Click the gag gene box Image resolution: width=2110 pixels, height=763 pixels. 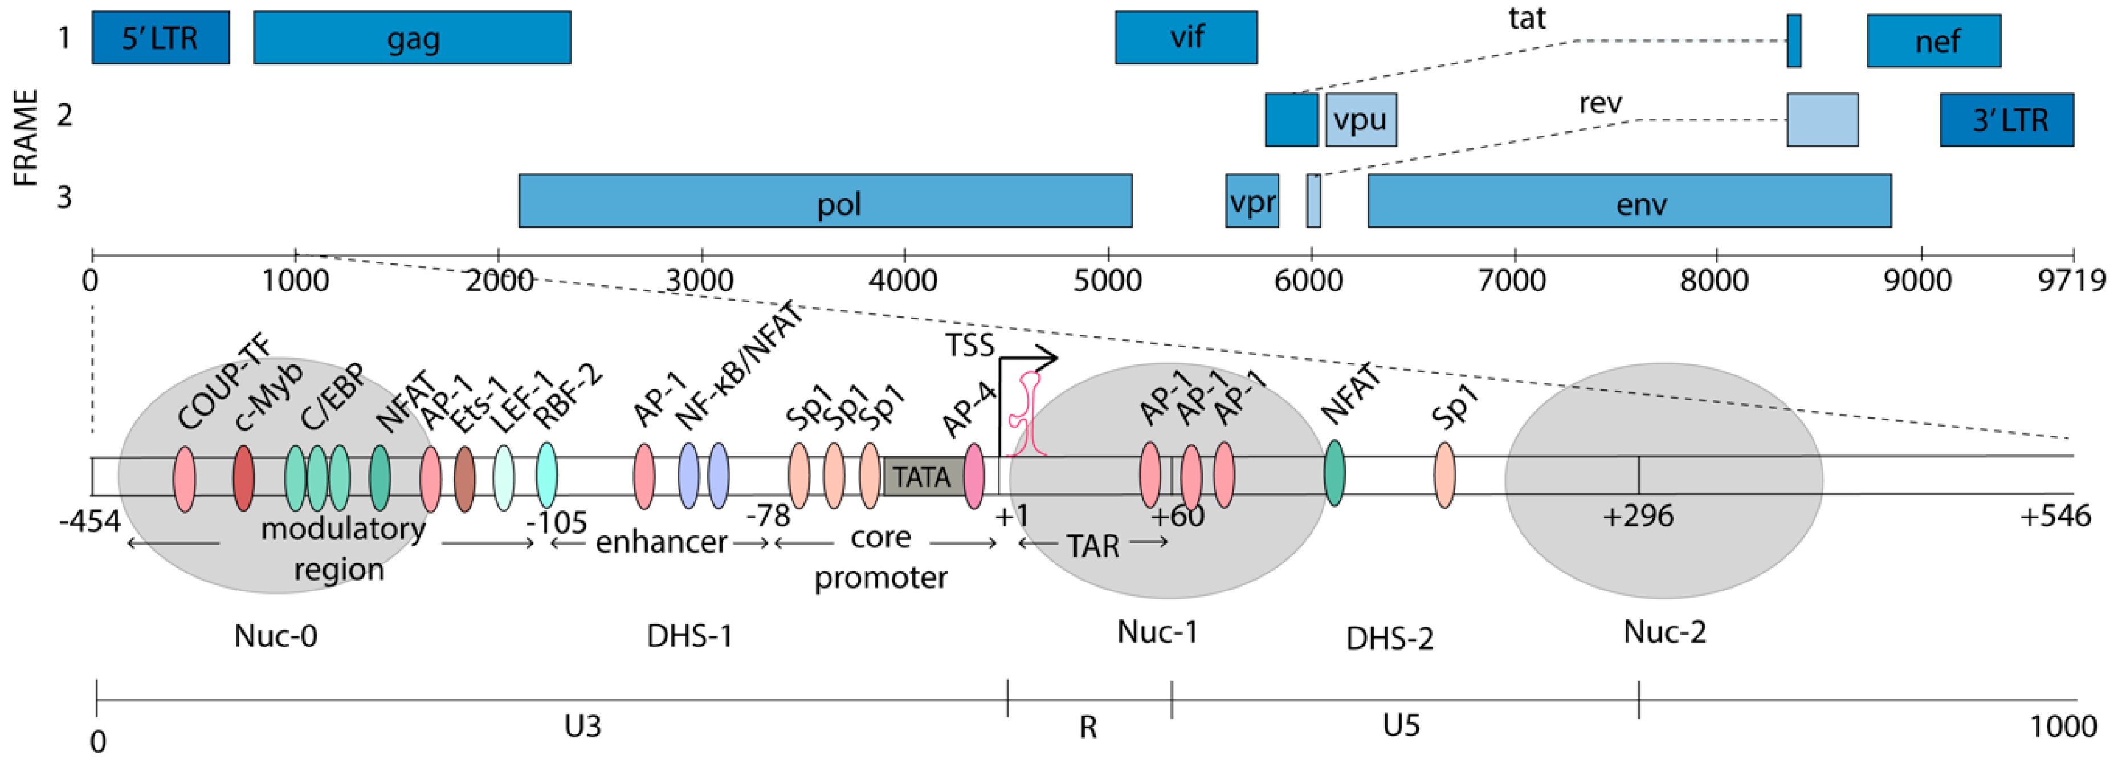412,38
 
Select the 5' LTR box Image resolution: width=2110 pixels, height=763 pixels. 161,38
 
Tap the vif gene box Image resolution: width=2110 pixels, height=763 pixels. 1185,38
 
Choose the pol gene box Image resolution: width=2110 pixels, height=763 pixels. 825,201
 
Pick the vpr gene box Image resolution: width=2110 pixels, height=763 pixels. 1251,201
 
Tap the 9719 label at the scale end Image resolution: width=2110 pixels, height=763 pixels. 2071,281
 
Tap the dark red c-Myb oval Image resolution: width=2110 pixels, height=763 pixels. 243,478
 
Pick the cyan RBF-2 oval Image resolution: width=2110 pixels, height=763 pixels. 546,476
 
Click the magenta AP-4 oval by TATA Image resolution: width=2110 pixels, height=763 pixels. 974,477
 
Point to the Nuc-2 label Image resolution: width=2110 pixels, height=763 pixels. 1664,632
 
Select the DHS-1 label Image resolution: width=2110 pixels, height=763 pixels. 689,636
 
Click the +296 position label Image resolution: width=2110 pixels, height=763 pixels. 1638,516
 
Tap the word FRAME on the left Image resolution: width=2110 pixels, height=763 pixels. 26,137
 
